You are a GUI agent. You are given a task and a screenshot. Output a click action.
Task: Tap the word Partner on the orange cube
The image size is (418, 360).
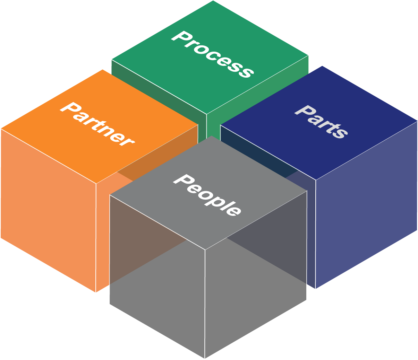[97, 123]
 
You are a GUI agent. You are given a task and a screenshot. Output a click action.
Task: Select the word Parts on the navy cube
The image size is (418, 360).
[321, 122]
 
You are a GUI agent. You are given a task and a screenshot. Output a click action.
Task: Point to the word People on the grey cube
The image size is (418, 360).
[207, 195]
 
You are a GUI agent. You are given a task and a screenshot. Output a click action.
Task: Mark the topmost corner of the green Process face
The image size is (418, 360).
[213, 1]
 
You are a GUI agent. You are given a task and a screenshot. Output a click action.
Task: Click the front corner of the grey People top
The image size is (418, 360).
[205, 249]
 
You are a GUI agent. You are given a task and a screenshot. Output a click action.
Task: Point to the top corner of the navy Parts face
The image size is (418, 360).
[322, 66]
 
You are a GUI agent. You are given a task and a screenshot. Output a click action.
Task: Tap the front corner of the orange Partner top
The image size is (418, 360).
[96, 183]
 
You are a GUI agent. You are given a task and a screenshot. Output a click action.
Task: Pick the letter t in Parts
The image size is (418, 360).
[328, 125]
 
